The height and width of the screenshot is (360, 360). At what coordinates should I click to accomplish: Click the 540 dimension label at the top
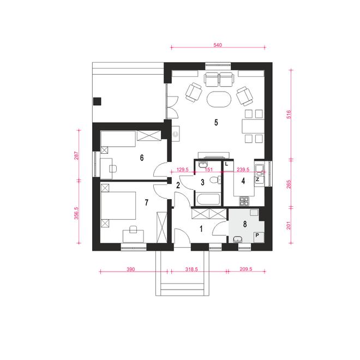click(218, 45)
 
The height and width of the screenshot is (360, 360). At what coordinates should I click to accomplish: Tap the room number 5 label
click(216, 122)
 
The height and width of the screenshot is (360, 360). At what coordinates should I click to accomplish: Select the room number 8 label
click(245, 224)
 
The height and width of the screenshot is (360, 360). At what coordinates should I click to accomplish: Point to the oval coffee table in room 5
click(219, 99)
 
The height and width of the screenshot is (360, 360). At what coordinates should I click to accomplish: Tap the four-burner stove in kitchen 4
click(244, 201)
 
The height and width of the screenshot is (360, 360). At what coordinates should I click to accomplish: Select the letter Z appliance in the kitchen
click(258, 179)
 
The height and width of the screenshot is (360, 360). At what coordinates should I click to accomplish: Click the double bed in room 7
click(118, 206)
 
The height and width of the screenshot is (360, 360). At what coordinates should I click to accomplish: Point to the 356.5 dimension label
click(76, 213)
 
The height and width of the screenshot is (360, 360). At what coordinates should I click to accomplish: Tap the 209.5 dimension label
click(246, 269)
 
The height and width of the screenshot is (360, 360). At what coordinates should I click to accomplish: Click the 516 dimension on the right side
click(289, 115)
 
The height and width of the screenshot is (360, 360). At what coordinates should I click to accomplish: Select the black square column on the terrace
click(97, 101)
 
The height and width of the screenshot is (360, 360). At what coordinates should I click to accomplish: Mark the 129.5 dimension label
click(183, 170)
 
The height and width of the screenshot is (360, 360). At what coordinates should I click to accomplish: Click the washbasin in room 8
click(238, 239)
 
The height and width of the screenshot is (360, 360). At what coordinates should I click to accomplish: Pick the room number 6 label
click(142, 158)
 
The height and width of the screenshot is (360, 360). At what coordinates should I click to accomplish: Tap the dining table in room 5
click(253, 126)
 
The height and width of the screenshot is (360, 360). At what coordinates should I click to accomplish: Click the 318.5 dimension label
click(191, 269)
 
